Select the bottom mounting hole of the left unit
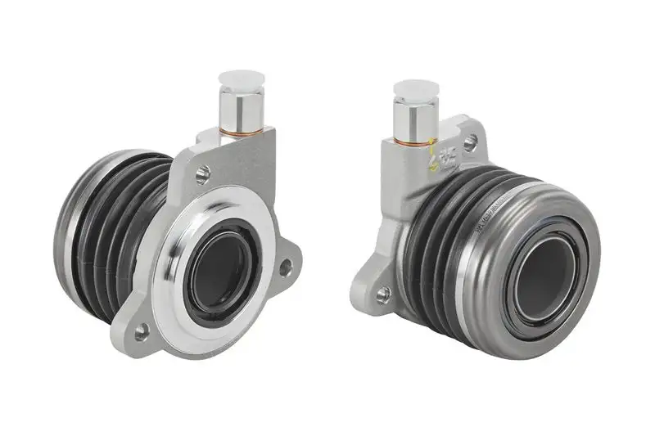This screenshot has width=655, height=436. click(x=142, y=330)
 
